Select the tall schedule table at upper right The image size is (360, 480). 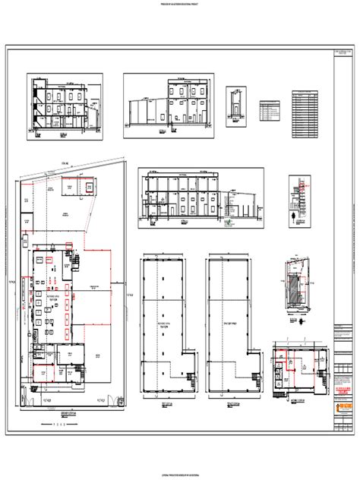pyautogui.click(x=304, y=116)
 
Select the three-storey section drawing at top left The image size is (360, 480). pyautogui.click(x=65, y=106)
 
